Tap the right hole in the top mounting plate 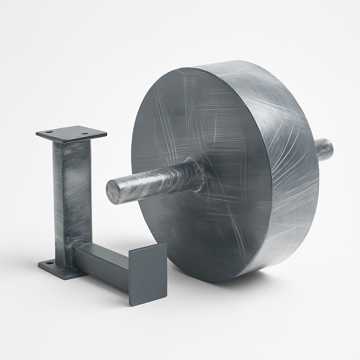[x=84, y=134]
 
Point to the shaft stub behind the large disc [x=324, y=149]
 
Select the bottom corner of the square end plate [x=131, y=305]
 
